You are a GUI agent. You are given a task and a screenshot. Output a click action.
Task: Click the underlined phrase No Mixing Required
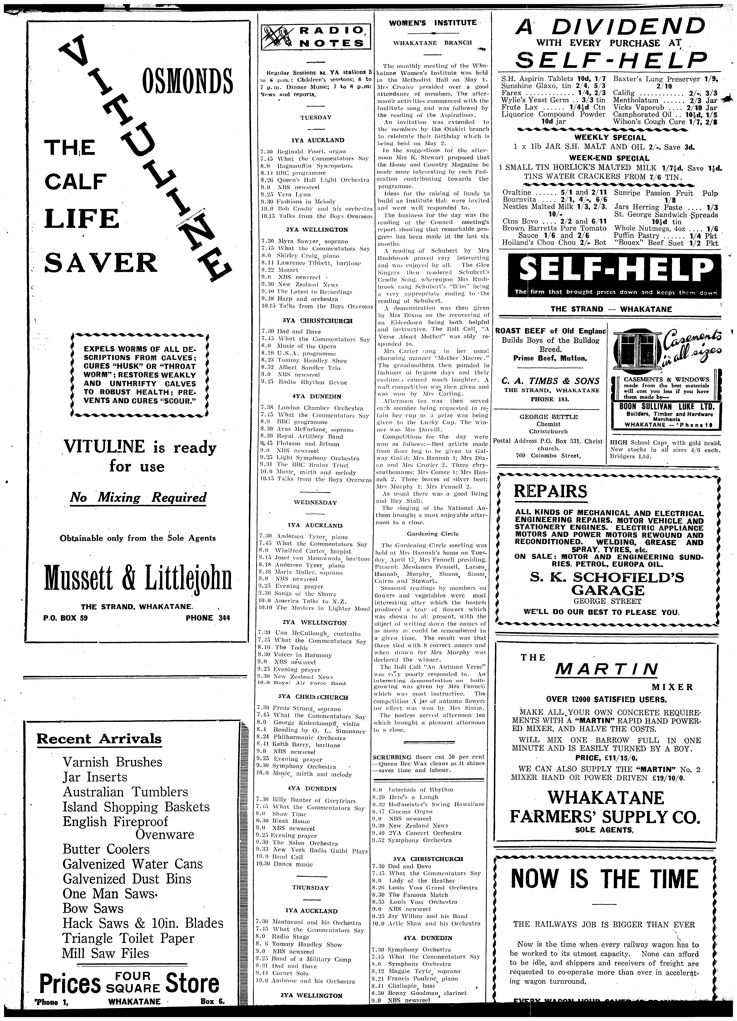(x=138, y=498)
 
